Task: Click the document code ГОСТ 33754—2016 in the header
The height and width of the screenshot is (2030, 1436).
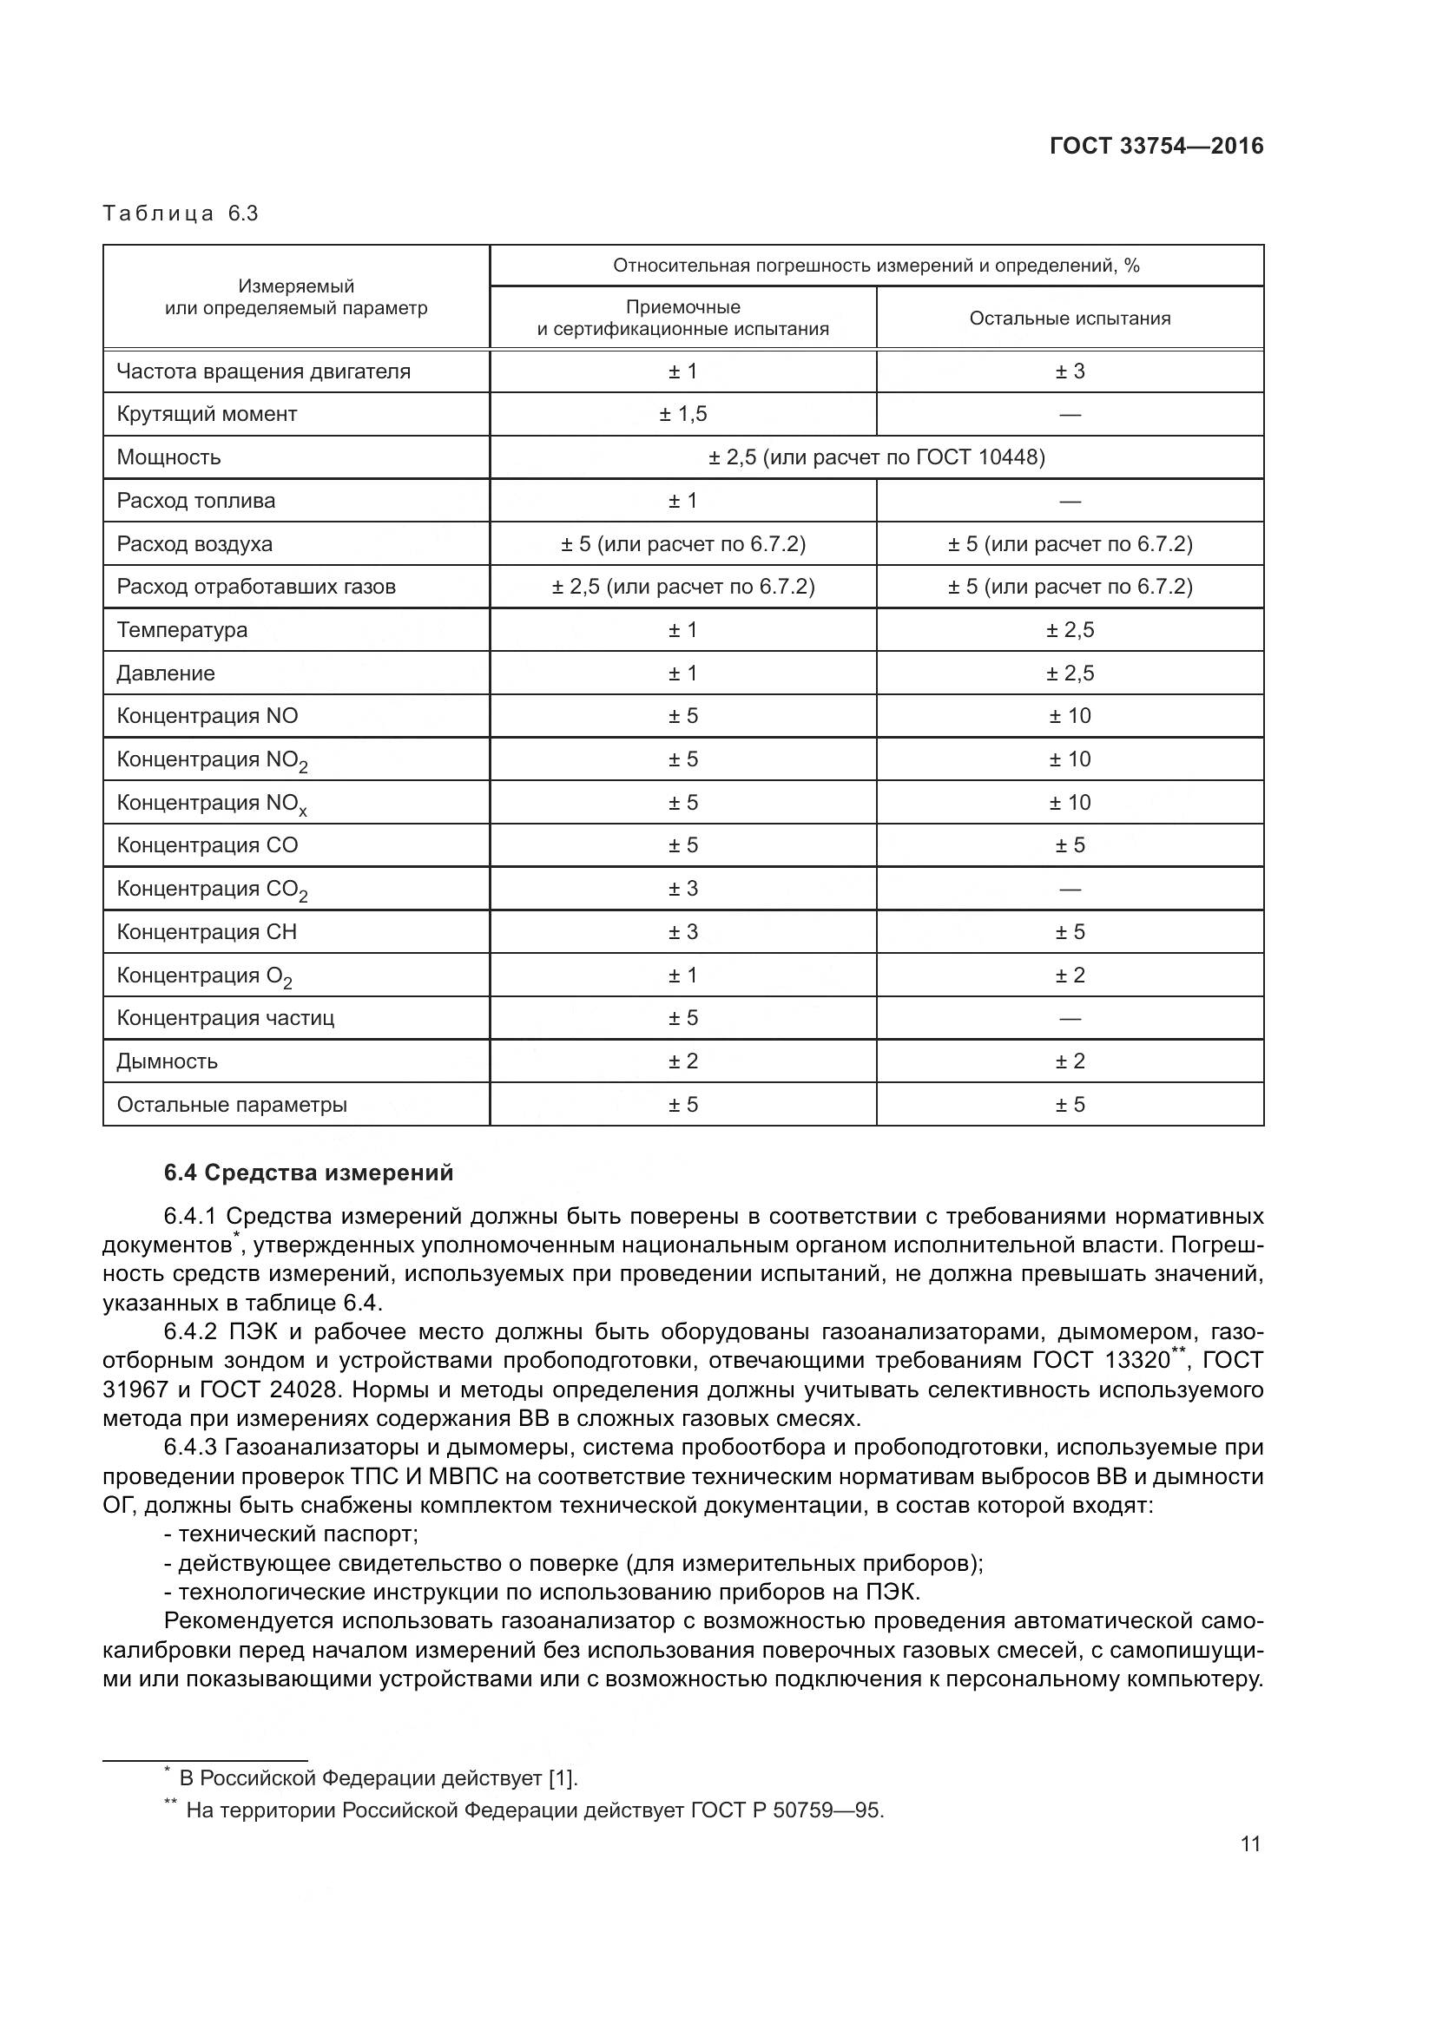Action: click(x=1156, y=146)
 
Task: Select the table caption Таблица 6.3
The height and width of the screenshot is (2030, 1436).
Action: click(x=181, y=214)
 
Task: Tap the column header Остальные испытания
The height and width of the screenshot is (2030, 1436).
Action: click(x=1069, y=319)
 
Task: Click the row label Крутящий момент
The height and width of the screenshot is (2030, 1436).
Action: click(x=207, y=414)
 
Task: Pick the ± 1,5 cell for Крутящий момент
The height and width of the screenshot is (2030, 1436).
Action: click(x=682, y=414)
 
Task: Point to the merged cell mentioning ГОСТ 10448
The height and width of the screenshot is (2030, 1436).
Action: click(x=875, y=457)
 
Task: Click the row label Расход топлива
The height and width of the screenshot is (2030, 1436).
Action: click(x=195, y=501)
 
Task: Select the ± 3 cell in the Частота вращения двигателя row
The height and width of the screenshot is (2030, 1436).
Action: click(x=1069, y=371)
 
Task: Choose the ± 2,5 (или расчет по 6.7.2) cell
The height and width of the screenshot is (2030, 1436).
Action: click(x=682, y=586)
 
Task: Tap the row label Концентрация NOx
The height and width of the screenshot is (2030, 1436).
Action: click(x=212, y=803)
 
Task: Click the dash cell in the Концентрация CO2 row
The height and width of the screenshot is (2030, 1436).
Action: click(x=1069, y=889)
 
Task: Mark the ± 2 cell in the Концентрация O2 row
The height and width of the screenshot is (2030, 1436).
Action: click(x=1069, y=976)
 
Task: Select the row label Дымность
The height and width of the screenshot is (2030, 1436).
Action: click(x=167, y=1061)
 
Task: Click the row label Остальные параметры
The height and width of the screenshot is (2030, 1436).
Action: click(x=232, y=1104)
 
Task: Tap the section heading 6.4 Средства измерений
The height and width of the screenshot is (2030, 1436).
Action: click(x=307, y=1173)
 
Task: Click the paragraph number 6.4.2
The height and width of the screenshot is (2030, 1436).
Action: click(x=190, y=1331)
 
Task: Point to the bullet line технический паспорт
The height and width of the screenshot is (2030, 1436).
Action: click(x=291, y=1533)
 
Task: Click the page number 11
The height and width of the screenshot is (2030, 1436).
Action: click(x=1249, y=1843)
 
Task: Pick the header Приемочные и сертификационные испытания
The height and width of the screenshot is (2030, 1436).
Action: click(x=682, y=319)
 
